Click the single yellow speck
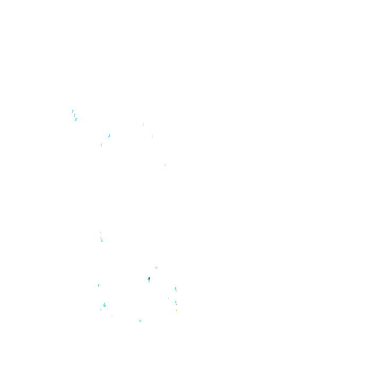(177, 310)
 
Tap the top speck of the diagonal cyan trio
(73, 111)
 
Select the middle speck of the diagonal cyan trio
(74, 115)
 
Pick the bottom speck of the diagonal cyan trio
(76, 119)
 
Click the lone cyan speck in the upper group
(109, 136)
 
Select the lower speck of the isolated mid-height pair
(101, 239)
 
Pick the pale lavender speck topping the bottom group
(157, 268)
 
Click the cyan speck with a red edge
(149, 279)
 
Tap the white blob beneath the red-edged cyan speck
(147, 283)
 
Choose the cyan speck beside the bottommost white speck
(140, 320)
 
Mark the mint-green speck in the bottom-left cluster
(104, 304)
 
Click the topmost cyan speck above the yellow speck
(176, 289)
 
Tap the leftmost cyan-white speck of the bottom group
(99, 286)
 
